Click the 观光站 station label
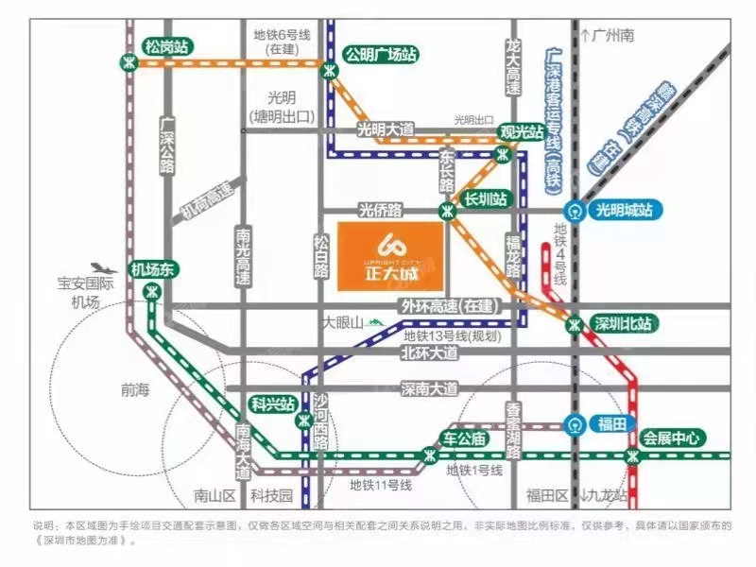(522, 131)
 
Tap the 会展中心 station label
(672, 438)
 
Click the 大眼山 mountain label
(343, 323)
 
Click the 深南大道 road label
(429, 388)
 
